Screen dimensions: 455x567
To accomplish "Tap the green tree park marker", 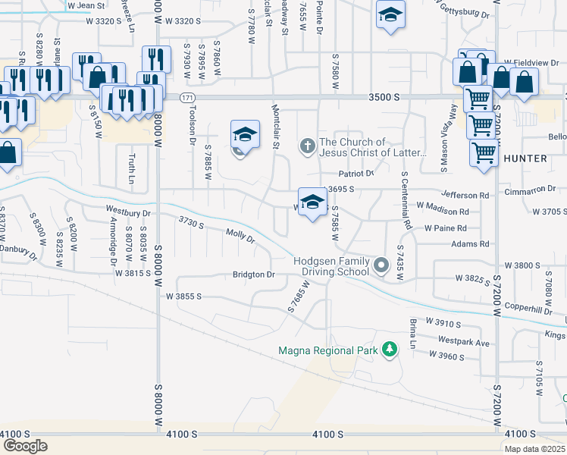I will coord(390,349).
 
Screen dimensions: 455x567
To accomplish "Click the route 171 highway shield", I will coord(187,98).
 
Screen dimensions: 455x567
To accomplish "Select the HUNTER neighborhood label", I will coord(525,158).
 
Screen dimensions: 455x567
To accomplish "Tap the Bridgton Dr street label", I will coord(254,274).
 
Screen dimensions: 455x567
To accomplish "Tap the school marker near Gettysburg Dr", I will coord(390,14).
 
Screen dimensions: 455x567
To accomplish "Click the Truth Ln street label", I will coord(130,169).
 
